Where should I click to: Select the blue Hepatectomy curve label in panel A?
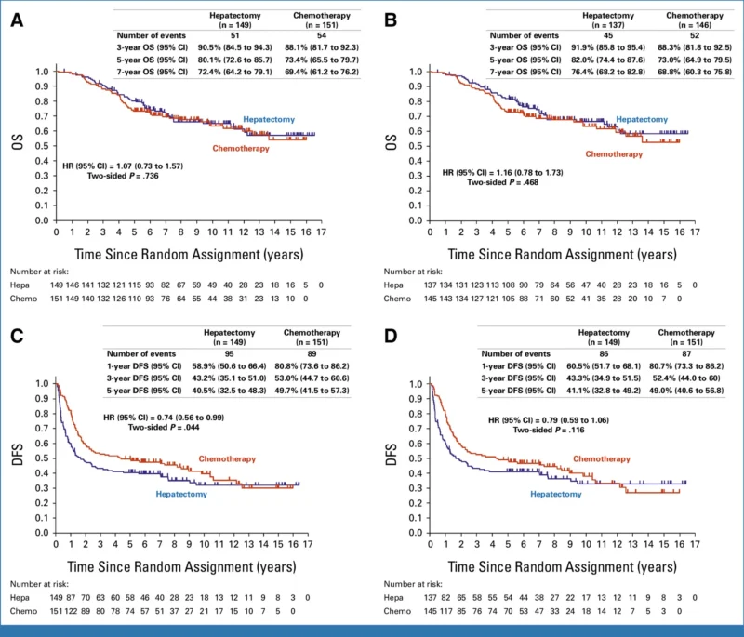272,119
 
